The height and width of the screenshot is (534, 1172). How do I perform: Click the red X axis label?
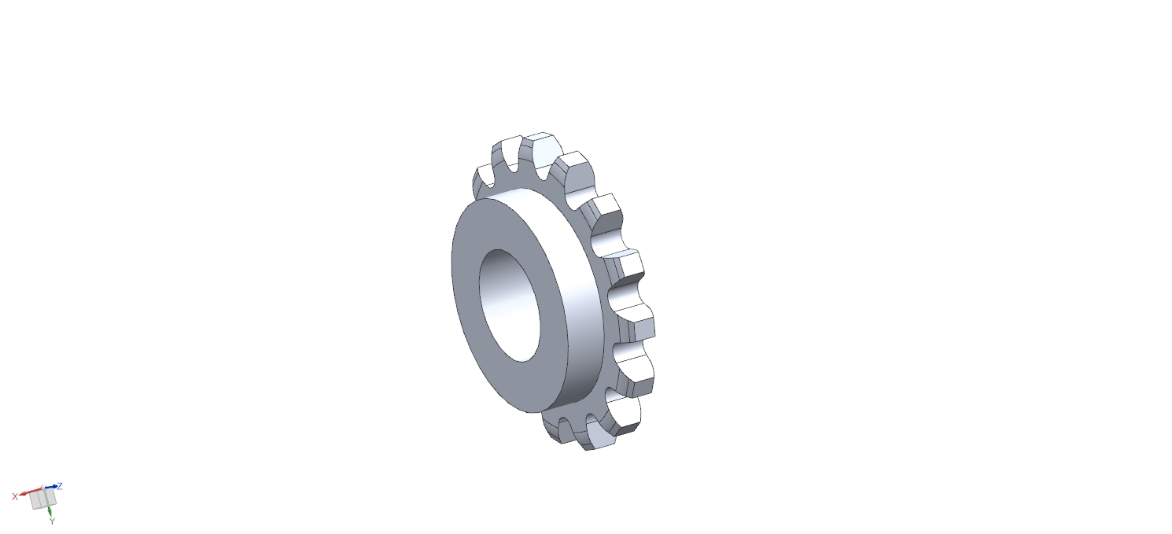coord(15,496)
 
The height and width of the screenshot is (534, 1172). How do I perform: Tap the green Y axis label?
coord(52,521)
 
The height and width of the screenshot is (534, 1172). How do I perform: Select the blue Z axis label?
coord(60,486)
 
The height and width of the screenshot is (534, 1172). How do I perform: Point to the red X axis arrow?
coord(31,492)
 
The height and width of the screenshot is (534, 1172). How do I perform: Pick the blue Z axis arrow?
coord(51,487)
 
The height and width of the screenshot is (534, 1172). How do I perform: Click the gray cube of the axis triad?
coord(42,499)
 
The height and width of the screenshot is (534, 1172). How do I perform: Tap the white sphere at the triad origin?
coord(43,488)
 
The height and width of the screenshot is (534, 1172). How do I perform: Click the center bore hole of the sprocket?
coord(510,305)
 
